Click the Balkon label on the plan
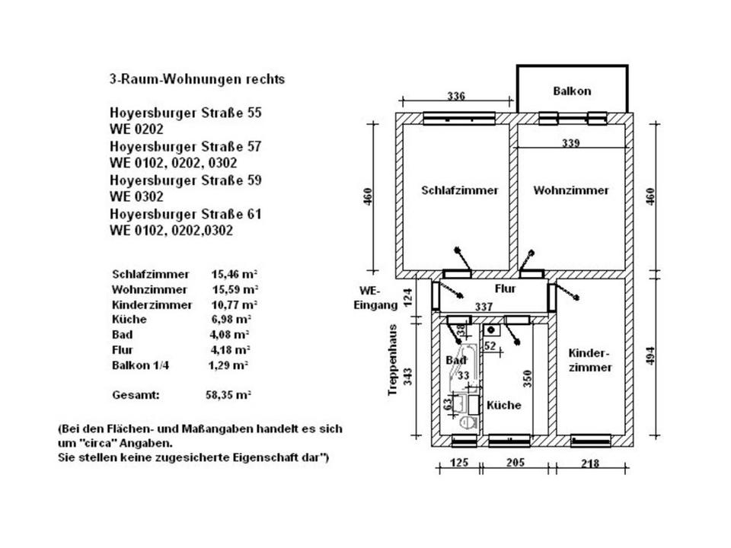(572, 91)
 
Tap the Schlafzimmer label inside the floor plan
(459, 190)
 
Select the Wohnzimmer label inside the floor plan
(571, 190)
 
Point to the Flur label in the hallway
(506, 289)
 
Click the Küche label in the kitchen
(504, 405)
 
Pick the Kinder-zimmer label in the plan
(589, 360)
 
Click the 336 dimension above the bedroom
(455, 97)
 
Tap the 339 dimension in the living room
(572, 142)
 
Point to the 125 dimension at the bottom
(458, 464)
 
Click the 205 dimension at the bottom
(517, 464)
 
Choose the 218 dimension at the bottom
(589, 464)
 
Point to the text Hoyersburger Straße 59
(186, 180)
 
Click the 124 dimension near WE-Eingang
(407, 296)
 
